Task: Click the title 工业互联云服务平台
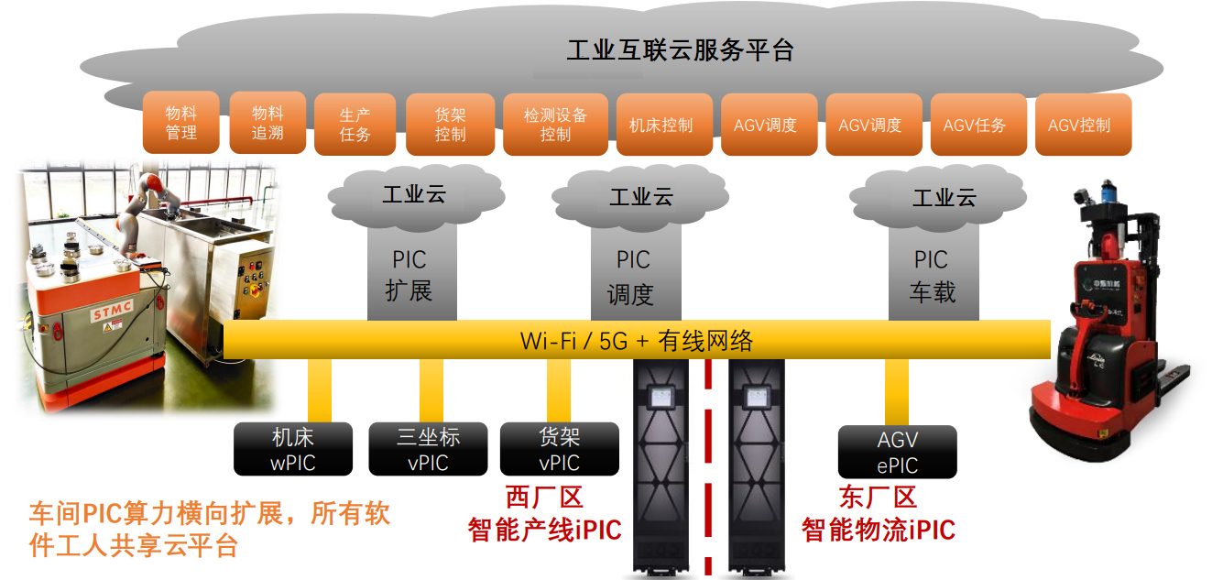coord(680,50)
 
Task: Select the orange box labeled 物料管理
coord(181,123)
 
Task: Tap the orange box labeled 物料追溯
coord(268,123)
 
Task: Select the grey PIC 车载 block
coord(932,276)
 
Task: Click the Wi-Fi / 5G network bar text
coord(637,340)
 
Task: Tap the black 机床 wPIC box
coord(293,449)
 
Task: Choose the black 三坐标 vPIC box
coord(428,449)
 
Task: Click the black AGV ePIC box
coord(898,452)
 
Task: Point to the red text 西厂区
coord(544,498)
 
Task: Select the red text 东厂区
coord(878,498)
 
